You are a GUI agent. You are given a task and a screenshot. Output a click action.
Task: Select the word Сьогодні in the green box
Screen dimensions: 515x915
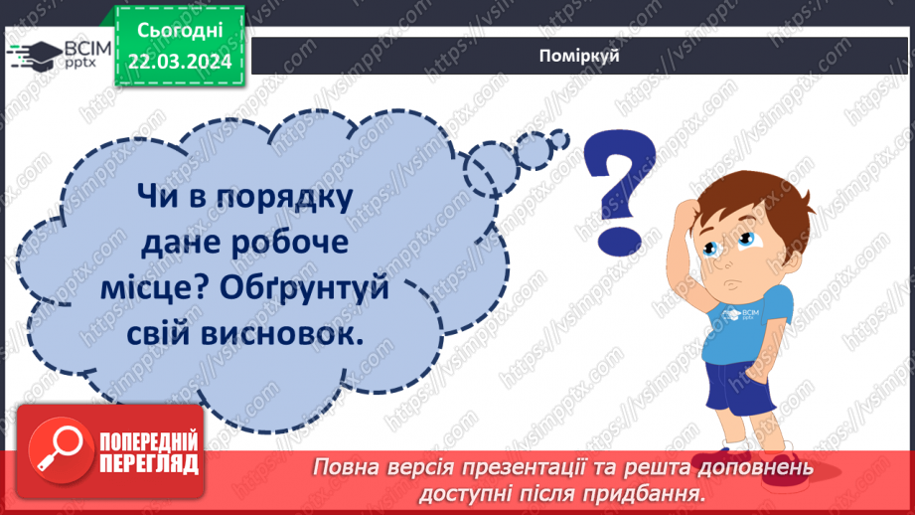180,32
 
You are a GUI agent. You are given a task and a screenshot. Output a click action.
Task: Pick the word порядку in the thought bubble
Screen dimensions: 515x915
281,197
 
